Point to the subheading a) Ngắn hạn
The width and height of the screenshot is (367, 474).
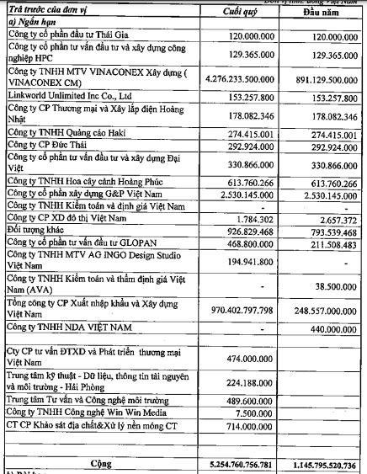pos(33,24)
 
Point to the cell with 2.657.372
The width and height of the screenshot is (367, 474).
pos(335,219)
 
